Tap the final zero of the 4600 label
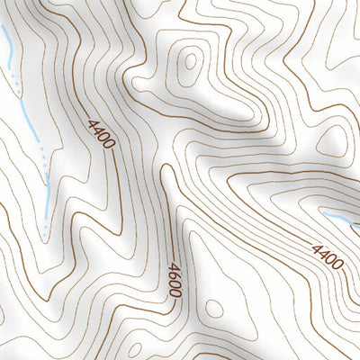pos(175,294)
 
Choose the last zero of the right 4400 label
pos(338,264)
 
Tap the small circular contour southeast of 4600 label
pos(213,309)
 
